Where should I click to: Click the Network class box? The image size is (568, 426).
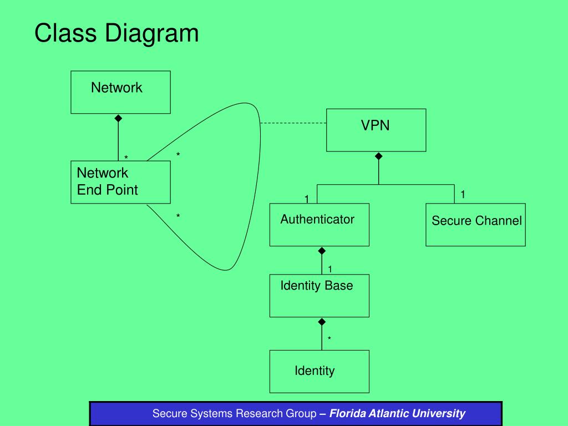click(120, 93)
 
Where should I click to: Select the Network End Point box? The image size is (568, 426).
click(120, 182)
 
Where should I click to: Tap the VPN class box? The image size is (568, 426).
click(376, 130)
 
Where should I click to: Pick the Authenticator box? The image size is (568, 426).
click(319, 225)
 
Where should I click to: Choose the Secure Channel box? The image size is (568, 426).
click(475, 225)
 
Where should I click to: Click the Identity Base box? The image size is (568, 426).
click(319, 296)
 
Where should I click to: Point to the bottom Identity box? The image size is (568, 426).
click(319, 371)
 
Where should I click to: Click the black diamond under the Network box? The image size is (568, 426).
click(118, 119)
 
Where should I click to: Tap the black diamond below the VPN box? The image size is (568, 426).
click(378, 156)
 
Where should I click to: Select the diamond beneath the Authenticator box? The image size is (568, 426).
click(322, 251)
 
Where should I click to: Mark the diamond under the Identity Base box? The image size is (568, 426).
click(322, 322)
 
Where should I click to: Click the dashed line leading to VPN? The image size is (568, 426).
click(293, 123)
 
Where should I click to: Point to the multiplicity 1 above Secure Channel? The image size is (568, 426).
click(463, 195)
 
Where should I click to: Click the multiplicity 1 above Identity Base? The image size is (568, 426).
click(330, 269)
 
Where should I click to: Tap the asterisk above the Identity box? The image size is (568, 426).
click(329, 339)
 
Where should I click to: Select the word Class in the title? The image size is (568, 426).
click(65, 33)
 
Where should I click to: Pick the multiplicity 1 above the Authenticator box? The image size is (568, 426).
click(307, 199)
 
